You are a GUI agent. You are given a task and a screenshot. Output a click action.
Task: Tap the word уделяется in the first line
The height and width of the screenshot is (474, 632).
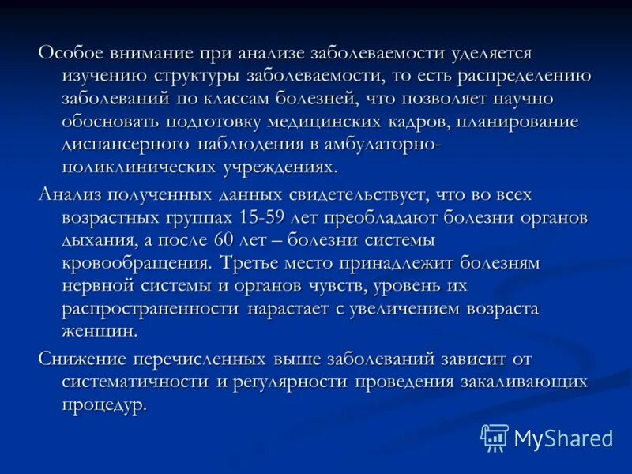pos(491,53)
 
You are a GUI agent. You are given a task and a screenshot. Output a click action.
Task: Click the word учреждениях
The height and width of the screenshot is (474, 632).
pos(276,167)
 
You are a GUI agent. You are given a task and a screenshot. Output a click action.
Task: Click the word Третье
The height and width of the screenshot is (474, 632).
pos(258,262)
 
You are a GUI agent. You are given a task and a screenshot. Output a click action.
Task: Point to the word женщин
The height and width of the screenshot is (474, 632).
pos(100,331)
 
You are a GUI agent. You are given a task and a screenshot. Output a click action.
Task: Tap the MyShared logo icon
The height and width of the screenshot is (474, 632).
pos(495,437)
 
